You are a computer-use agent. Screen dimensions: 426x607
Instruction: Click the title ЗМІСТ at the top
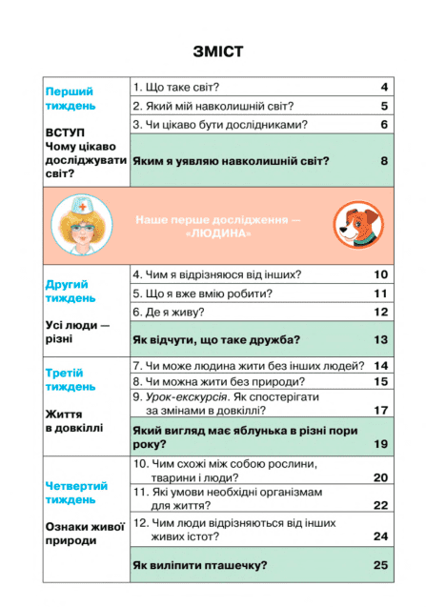pos(216,51)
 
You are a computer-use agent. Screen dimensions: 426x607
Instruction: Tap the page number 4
pos(384,87)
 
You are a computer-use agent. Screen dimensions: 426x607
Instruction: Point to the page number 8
pos(384,161)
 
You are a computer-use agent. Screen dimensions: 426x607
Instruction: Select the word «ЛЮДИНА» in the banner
pos(220,233)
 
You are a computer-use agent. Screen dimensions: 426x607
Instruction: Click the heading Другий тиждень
pos(70,291)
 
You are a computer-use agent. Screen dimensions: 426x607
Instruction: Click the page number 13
pos(380,339)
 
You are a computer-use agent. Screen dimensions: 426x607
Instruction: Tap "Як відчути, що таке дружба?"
pos(216,339)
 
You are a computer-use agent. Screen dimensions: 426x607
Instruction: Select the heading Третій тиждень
pos(69,379)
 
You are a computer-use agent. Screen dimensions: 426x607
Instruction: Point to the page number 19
pos(380,444)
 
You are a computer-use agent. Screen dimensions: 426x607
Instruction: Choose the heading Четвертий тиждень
pos(77,492)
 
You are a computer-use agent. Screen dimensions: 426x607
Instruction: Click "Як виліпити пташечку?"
pos(199,565)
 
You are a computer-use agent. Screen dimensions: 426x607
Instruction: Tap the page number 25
pos(380,565)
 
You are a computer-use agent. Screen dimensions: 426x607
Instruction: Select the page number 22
pos(380,505)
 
